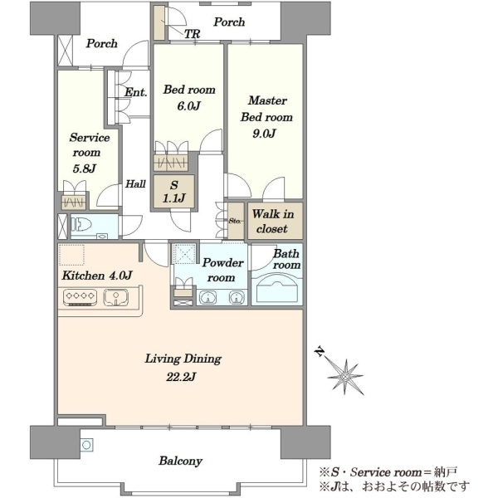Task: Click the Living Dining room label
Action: click(183, 359)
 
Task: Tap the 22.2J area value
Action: click(181, 377)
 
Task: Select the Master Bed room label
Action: click(266, 109)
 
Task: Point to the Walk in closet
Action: click(275, 221)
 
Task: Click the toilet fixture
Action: click(81, 225)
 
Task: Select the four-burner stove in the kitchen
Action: click(80, 297)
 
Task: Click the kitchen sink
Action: click(116, 297)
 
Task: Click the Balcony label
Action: click(180, 461)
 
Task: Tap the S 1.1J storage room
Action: click(173, 192)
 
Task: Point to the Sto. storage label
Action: click(235, 221)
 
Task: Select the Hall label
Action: click(135, 183)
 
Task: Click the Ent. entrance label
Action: click(135, 92)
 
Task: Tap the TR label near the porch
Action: click(193, 34)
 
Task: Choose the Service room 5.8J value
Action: click(84, 168)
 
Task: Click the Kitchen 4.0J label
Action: click(97, 276)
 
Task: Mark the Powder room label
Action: click(222, 270)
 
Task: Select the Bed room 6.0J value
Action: click(188, 106)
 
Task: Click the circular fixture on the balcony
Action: click(86, 445)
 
